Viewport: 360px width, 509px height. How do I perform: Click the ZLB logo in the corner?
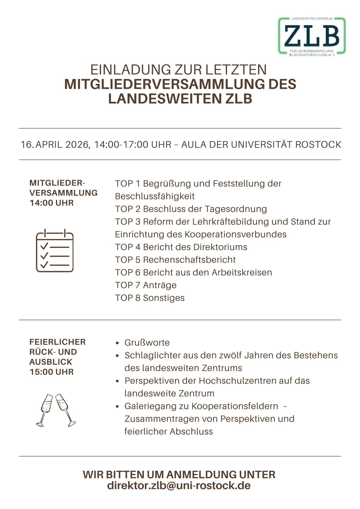312,36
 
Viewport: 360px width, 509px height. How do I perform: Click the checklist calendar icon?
55,251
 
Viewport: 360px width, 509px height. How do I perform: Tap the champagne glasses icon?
56,410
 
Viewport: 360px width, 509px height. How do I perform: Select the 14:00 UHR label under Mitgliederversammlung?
52,203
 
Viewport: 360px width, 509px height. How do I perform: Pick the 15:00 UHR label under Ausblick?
52,372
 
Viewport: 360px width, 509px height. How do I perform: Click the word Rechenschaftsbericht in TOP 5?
189,260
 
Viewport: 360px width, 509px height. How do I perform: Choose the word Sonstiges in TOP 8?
164,298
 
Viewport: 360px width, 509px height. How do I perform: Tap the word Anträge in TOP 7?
160,285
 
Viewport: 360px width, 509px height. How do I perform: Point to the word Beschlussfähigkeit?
155,196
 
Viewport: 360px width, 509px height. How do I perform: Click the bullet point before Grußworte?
118,343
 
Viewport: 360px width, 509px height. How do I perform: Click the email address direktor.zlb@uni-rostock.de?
179,485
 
